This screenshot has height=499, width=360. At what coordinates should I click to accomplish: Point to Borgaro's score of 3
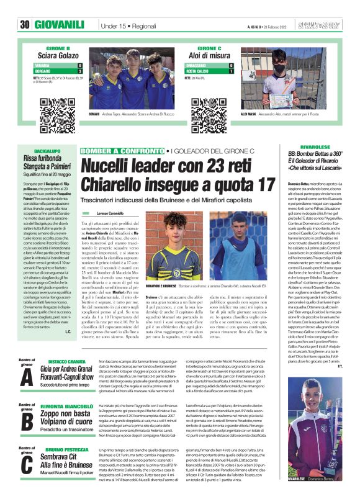click(x=79, y=71)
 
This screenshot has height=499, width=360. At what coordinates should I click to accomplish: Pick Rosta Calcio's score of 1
click(x=231, y=71)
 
